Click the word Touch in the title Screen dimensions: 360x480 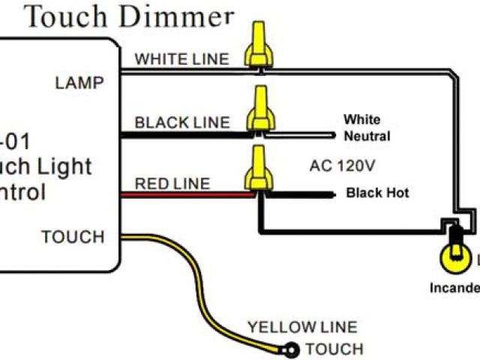tap(67, 16)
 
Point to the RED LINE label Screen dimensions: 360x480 tap(172, 183)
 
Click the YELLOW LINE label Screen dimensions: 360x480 tap(302, 327)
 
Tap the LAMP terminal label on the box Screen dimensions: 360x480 tap(79, 82)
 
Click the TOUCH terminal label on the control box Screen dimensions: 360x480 tap(73, 237)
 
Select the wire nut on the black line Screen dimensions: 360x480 tap(259, 109)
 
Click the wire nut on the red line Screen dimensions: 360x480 tap(259, 169)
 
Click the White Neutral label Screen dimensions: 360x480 tap(366, 128)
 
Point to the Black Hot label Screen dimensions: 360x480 tap(377, 193)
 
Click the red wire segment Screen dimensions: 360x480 tap(187, 193)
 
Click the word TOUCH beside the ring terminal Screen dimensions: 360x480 tap(334, 349)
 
